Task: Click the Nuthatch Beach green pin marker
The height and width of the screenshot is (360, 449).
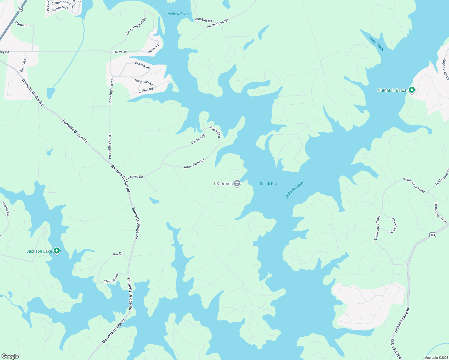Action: point(412,90)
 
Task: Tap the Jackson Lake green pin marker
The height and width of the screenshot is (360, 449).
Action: point(56,251)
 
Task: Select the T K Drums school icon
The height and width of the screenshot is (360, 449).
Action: point(237,183)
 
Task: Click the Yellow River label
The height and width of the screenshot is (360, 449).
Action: point(178,14)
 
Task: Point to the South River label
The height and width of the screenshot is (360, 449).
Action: point(270,184)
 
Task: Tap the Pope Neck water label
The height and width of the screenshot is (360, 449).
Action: point(376,44)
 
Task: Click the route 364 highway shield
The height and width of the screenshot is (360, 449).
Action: point(432,235)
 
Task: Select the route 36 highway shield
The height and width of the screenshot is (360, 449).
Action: point(20,9)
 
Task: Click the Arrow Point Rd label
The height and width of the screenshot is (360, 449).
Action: point(194,163)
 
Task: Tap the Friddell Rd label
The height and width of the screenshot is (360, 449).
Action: point(215,132)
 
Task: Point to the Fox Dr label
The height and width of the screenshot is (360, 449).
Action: point(118,254)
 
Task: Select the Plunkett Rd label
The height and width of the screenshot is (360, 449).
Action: point(203,20)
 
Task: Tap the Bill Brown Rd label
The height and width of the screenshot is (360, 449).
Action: point(144,82)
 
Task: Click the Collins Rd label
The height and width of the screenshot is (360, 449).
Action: point(146,90)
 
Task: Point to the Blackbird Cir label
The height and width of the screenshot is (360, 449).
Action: point(393,226)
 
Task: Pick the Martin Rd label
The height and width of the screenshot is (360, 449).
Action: point(22,25)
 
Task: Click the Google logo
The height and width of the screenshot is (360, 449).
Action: point(10,356)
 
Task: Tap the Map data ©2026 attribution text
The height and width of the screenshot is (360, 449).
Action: point(435,358)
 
